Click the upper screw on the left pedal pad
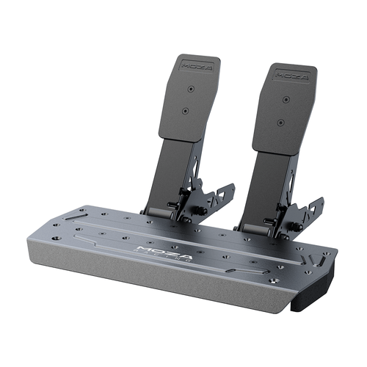[191, 89]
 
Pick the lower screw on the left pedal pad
[185, 111]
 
